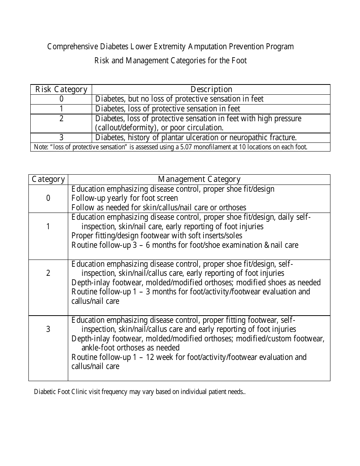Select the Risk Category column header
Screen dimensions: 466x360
click(61, 89)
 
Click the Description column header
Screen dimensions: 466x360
click(211, 89)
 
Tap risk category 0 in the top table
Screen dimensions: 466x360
click(61, 99)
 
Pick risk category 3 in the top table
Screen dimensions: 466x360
click(61, 138)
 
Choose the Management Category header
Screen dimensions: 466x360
click(199, 179)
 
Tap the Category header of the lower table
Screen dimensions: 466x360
click(48, 179)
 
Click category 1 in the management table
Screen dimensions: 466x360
click(48, 227)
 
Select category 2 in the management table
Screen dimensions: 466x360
click(48, 273)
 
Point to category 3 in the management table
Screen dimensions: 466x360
click(48, 329)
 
